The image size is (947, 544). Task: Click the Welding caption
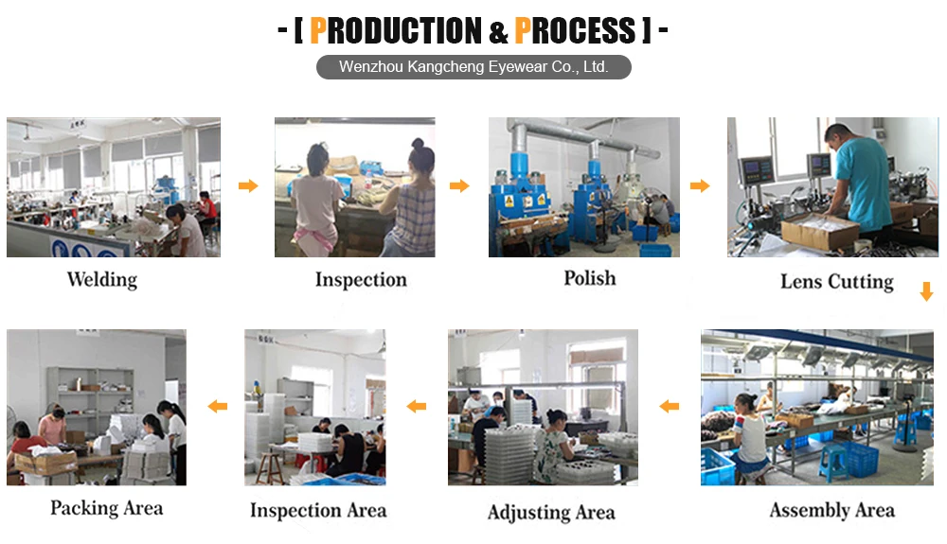(x=101, y=279)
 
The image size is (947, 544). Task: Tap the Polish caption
(x=589, y=278)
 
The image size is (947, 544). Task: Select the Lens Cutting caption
(x=836, y=281)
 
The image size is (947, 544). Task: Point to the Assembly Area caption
(x=831, y=511)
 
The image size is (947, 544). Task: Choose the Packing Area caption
(x=106, y=508)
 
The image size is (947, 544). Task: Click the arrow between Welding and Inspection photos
(x=248, y=185)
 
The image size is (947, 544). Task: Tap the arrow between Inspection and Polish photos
(x=459, y=185)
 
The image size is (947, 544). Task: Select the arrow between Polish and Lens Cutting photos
(x=700, y=185)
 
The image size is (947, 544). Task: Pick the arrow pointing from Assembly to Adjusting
(x=670, y=407)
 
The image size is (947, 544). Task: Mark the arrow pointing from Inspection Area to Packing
(x=218, y=407)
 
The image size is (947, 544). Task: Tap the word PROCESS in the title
(x=575, y=30)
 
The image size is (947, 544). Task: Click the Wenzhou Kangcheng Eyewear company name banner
(x=473, y=67)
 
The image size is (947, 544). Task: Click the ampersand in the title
(x=499, y=32)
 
